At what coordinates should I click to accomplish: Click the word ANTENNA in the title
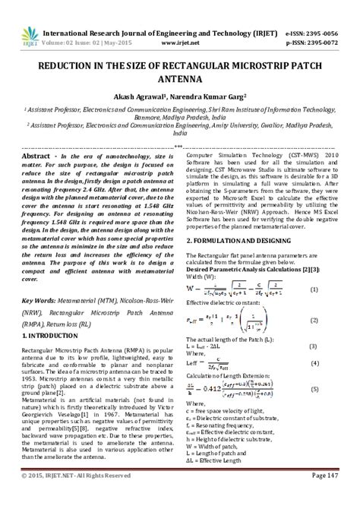tap(180, 77)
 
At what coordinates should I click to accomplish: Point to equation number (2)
tap(335, 300)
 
